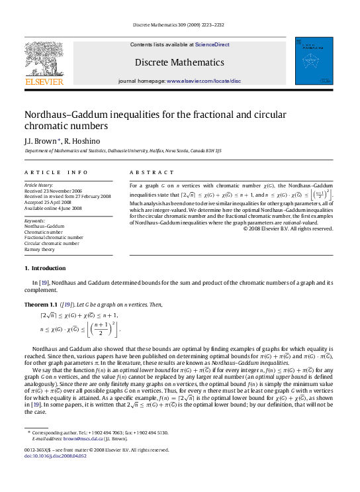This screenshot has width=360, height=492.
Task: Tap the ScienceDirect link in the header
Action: click(x=212, y=44)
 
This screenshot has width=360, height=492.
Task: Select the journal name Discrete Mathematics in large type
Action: click(x=179, y=62)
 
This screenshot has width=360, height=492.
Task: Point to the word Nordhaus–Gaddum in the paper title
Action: click(x=64, y=114)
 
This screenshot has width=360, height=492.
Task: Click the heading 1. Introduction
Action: click(x=45, y=268)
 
